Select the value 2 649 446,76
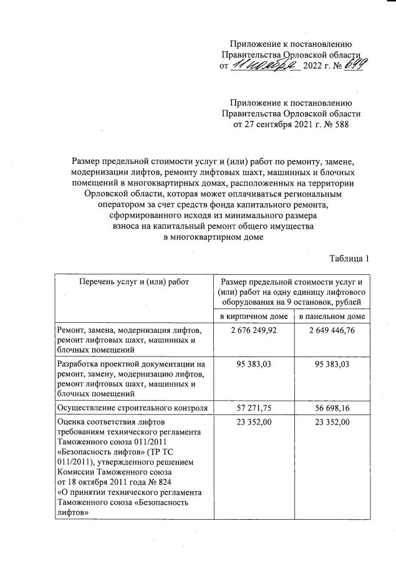coord(331,330)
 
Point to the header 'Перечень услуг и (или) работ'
coord(133,282)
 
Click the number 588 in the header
coord(339,125)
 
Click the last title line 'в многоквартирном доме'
coord(214,237)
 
